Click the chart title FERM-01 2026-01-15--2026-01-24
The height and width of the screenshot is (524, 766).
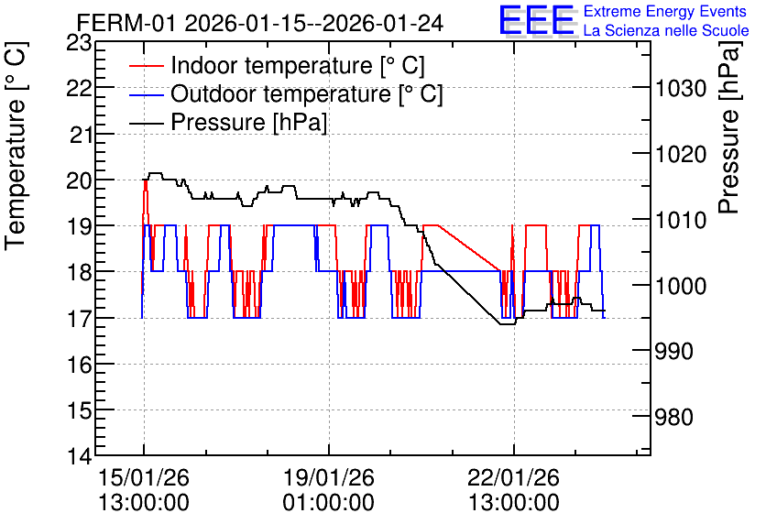pyautogui.click(x=260, y=23)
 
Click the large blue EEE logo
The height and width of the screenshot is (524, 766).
pyautogui.click(x=537, y=20)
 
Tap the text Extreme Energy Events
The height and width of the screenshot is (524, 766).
pyautogui.click(x=665, y=11)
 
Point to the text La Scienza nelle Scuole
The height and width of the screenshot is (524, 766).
pyautogui.click(x=666, y=31)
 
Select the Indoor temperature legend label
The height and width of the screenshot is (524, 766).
pyautogui.click(x=298, y=65)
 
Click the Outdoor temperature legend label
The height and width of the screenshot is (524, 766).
pyautogui.click(x=306, y=93)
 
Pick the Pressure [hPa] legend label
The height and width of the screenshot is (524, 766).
pyautogui.click(x=248, y=122)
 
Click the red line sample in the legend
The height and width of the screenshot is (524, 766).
pyautogui.click(x=146, y=66)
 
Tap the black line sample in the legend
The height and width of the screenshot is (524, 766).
pyautogui.click(x=146, y=123)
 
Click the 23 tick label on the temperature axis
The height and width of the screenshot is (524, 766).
pyautogui.click(x=79, y=43)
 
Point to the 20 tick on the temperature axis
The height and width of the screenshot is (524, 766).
pyautogui.click(x=79, y=180)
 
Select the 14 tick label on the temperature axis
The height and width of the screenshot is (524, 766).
pyautogui.click(x=79, y=456)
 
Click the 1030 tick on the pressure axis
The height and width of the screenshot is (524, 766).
pyautogui.click(x=681, y=89)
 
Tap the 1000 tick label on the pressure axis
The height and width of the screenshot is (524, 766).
pyautogui.click(x=681, y=286)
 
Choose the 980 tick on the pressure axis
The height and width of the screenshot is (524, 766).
pyautogui.click(x=674, y=417)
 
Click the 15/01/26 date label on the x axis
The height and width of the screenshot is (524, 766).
pyautogui.click(x=144, y=477)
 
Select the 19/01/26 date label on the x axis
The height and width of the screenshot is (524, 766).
pyautogui.click(x=329, y=477)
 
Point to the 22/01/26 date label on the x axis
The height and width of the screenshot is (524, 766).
pyautogui.click(x=514, y=477)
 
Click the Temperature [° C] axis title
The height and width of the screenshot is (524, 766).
pyautogui.click(x=16, y=146)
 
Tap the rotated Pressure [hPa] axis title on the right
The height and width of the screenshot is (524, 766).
pyautogui.click(x=729, y=127)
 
